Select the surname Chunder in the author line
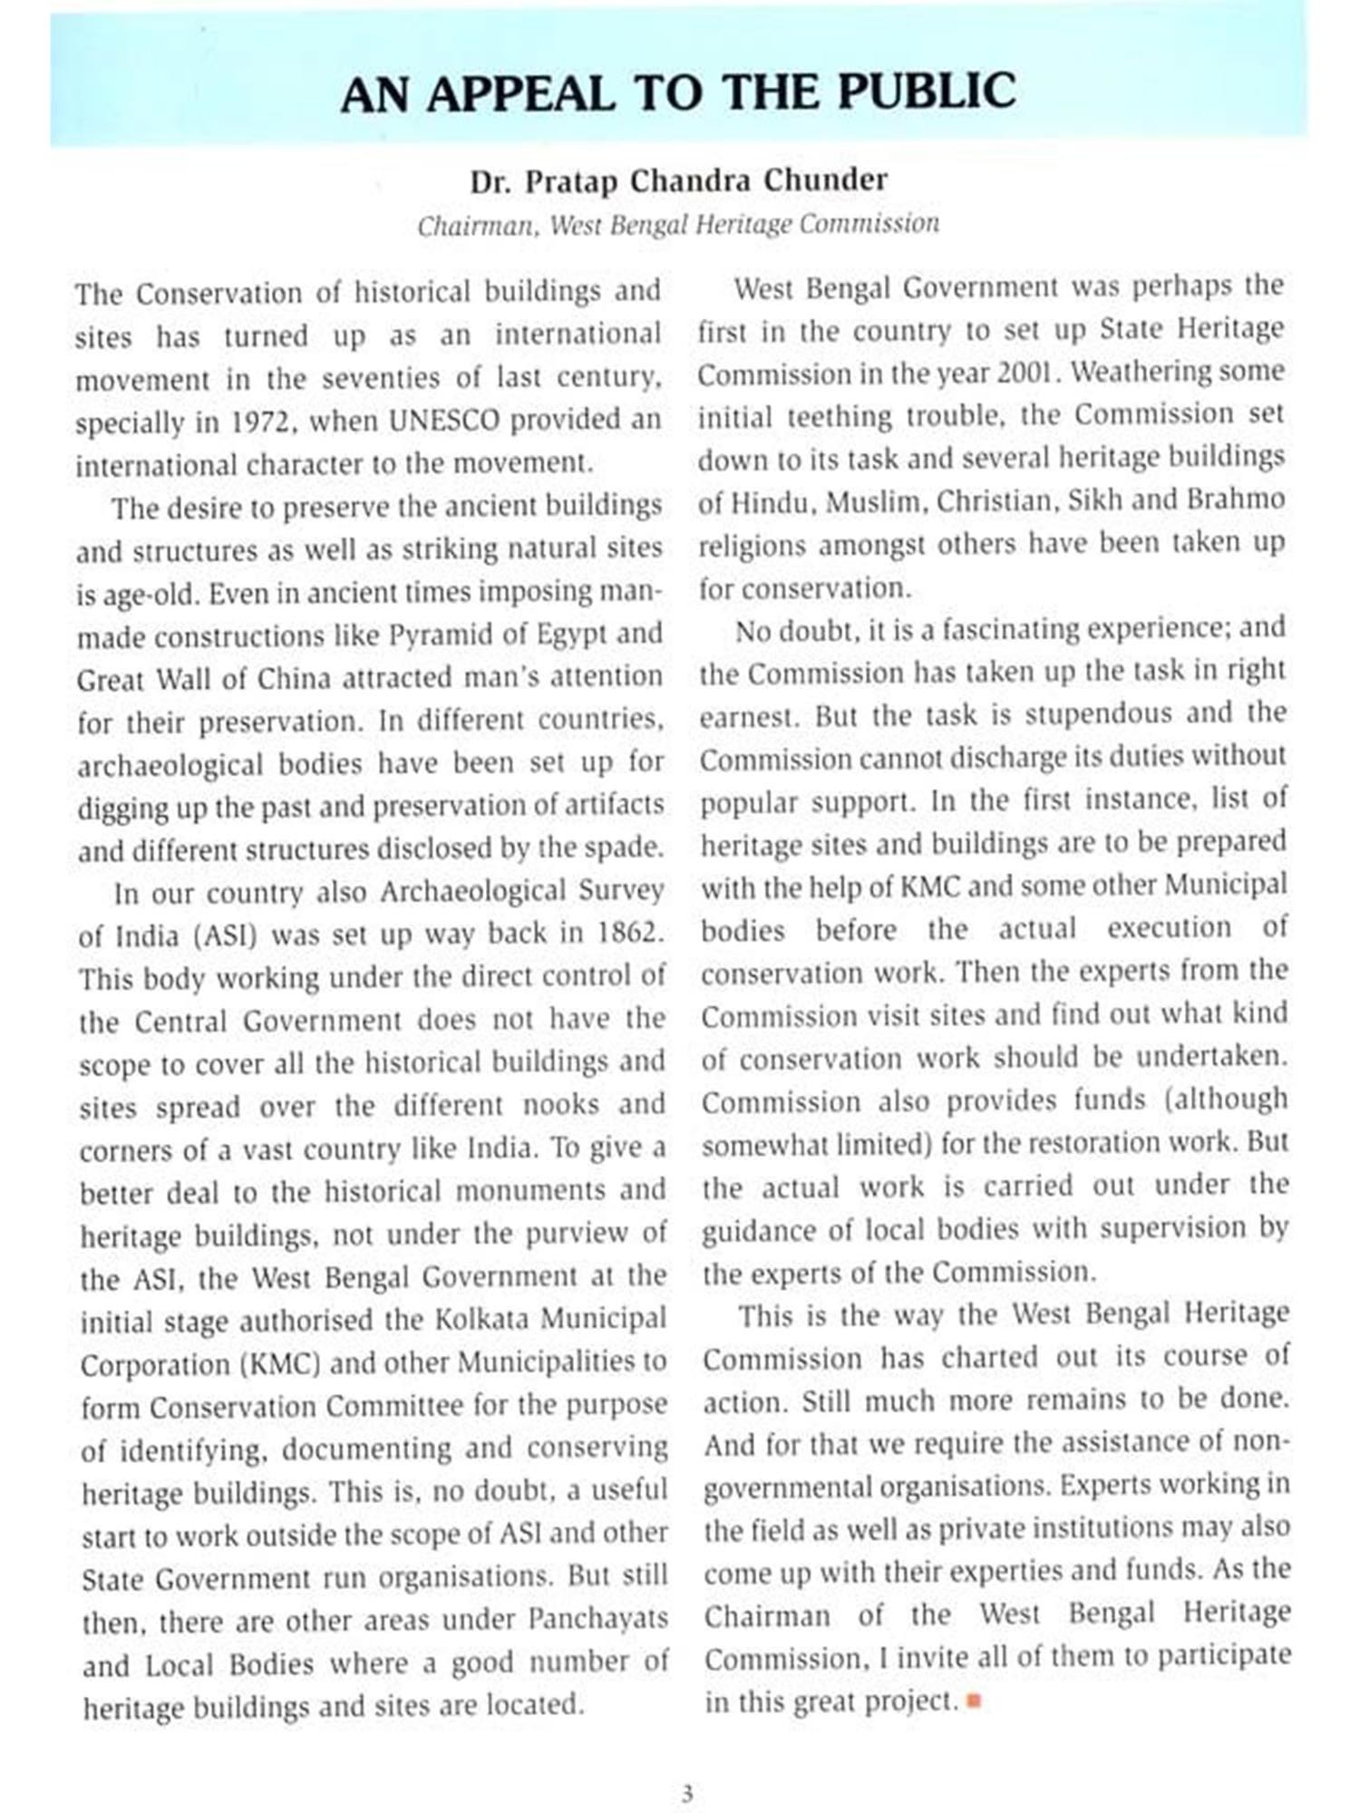point(824,180)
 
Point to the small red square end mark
point(975,1701)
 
